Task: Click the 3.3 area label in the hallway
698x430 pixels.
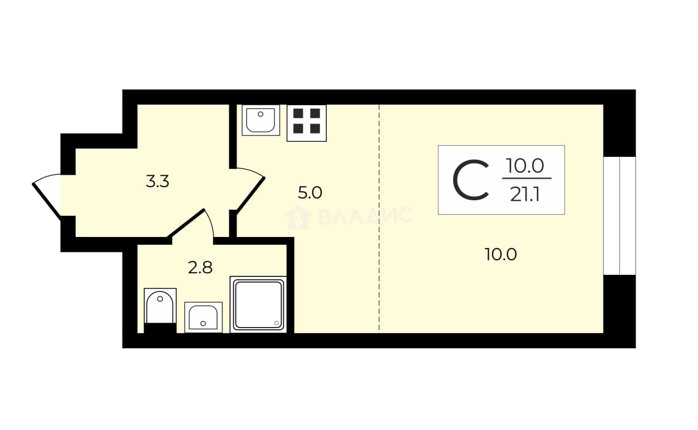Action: click(158, 181)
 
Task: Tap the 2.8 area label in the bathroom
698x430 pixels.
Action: click(200, 268)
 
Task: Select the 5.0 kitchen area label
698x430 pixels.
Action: click(309, 192)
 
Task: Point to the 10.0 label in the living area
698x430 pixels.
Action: click(501, 254)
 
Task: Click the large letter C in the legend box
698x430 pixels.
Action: click(470, 180)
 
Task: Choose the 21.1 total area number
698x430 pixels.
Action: click(525, 195)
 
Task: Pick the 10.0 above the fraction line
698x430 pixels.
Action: click(525, 166)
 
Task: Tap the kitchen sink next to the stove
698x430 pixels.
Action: click(261, 120)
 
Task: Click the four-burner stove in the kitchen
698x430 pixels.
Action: click(307, 123)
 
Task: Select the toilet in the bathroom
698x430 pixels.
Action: click(160, 310)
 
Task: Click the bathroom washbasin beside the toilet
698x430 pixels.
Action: click(203, 317)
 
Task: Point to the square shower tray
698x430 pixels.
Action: click(258, 304)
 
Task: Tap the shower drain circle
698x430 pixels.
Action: click(277, 323)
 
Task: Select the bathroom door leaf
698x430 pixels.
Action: click(186, 223)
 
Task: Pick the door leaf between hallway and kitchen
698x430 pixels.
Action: click(251, 194)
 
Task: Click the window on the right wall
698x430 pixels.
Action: click(620, 216)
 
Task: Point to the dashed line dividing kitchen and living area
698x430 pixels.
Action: click(379, 219)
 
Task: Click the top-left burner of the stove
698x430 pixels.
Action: click(298, 113)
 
